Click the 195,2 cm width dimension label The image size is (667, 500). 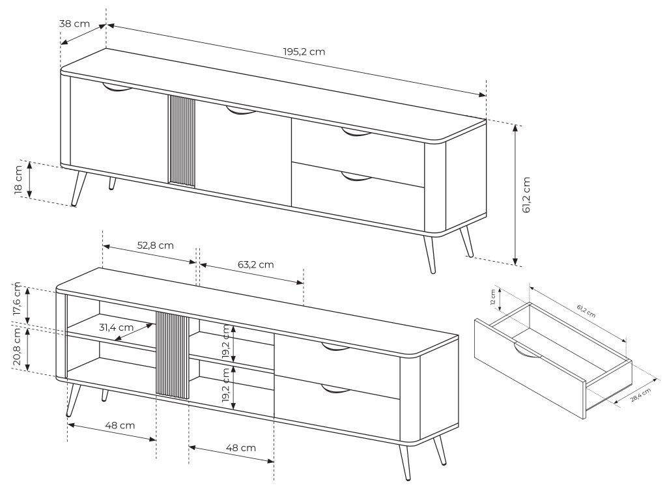[304, 52]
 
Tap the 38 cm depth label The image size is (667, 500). [74, 23]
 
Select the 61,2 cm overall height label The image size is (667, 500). [526, 195]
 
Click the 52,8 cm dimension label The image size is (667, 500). [155, 245]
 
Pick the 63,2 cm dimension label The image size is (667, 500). [255, 264]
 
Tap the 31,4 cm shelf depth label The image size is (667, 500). [116, 327]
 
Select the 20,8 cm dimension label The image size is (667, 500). [16, 346]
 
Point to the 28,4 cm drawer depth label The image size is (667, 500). [640, 395]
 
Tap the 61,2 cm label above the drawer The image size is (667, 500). [586, 311]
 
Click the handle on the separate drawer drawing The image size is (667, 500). [526, 351]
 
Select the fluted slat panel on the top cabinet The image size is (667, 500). [181, 141]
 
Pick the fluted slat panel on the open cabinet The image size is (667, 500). [172, 355]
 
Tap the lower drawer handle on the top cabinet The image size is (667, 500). [356, 176]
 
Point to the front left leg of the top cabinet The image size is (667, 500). [78, 189]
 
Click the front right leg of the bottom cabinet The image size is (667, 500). [404, 463]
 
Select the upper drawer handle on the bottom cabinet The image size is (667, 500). [335, 348]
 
